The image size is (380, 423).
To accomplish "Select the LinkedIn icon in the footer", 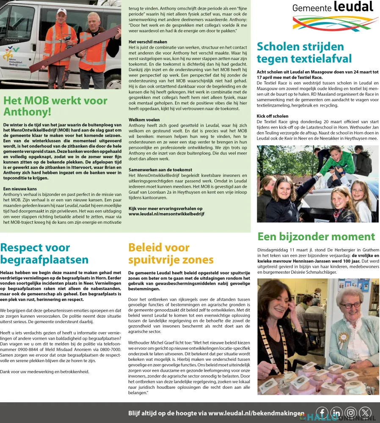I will (x=336, y=413).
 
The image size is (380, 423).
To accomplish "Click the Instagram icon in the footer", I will (x=351, y=413).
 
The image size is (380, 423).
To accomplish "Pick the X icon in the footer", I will (x=365, y=413).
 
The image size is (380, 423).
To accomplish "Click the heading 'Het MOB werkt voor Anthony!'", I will (x=55, y=106).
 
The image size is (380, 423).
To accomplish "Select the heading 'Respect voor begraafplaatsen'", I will (x=44, y=253).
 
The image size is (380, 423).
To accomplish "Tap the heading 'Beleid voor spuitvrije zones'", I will (x=171, y=253).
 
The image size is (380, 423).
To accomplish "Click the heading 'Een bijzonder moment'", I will (x=316, y=236).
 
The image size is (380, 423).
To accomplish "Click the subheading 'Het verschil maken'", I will (x=148, y=42).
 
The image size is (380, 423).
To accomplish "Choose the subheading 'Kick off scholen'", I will (x=273, y=116).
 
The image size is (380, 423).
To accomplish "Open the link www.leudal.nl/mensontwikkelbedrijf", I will (x=166, y=214).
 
